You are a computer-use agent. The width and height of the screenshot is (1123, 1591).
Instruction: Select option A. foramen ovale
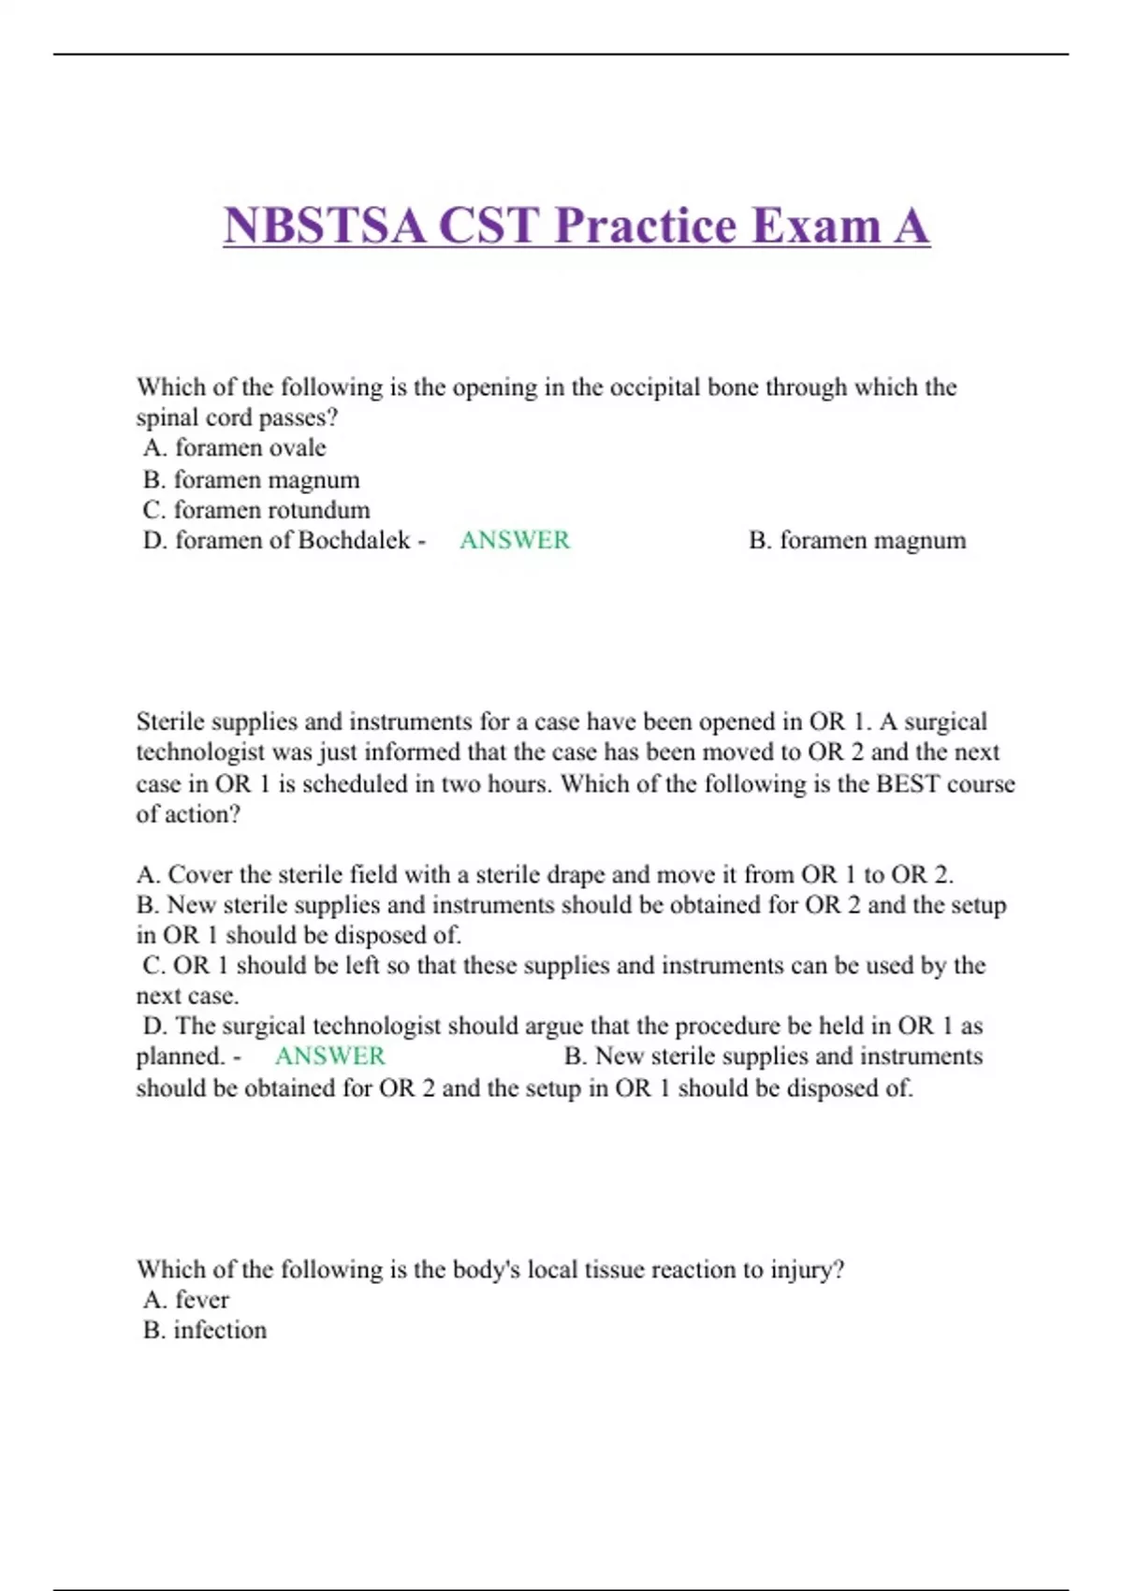click(x=235, y=448)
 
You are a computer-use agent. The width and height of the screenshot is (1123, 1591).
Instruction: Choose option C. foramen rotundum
click(x=256, y=510)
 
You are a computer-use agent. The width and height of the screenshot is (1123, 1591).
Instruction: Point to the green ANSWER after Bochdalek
click(x=514, y=541)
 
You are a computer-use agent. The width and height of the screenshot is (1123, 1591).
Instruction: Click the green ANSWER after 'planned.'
click(x=329, y=1057)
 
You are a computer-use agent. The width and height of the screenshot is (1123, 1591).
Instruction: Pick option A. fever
click(x=186, y=1300)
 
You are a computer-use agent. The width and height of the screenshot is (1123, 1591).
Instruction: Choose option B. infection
click(x=205, y=1330)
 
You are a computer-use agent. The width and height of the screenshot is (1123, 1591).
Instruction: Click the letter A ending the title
click(x=910, y=226)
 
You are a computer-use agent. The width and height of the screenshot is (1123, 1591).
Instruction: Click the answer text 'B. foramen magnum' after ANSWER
click(x=857, y=541)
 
